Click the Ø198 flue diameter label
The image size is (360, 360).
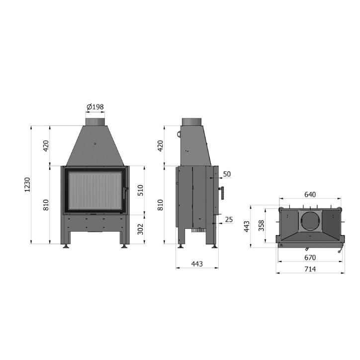pyautogui.click(x=95, y=107)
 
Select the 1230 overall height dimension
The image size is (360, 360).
pyautogui.click(x=27, y=184)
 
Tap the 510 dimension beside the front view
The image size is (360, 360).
pyautogui.click(x=140, y=190)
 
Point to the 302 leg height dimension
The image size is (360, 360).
pyautogui.click(x=140, y=229)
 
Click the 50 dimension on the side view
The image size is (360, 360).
pyautogui.click(x=227, y=174)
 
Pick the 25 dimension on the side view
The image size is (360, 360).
pyautogui.click(x=229, y=219)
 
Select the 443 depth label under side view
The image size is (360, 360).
pyautogui.click(x=197, y=264)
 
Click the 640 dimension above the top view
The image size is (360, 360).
pyautogui.click(x=310, y=194)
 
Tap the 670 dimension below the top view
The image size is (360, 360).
pyautogui.click(x=310, y=258)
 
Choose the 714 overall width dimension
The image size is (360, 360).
pyautogui.click(x=310, y=269)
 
